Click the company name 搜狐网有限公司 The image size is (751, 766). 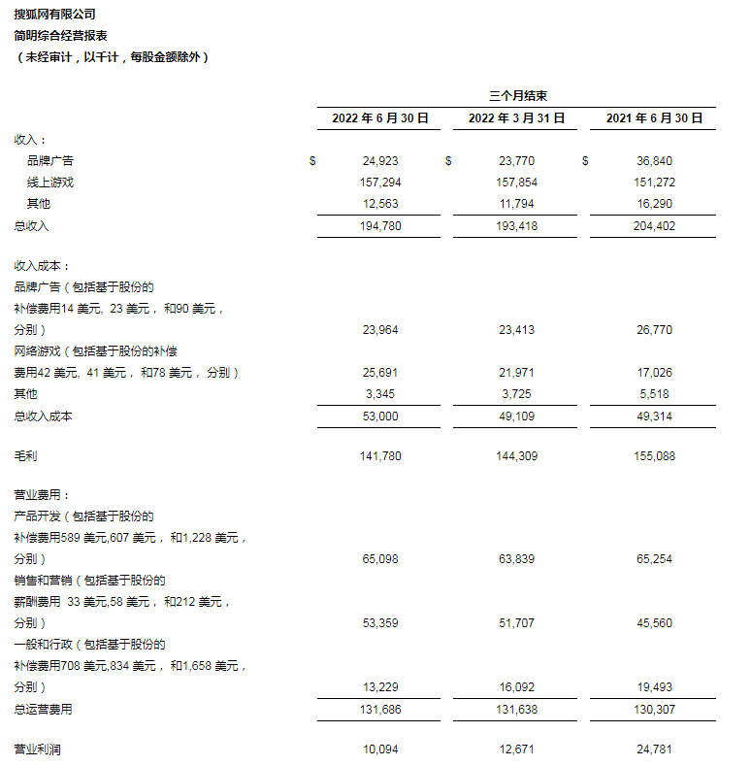pos(55,15)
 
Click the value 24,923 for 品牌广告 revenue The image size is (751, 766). pos(379,161)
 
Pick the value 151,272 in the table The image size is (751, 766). pos(654,183)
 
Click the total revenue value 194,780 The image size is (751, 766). pos(378,225)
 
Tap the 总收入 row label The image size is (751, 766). pos(31,225)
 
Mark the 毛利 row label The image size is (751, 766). pos(25,455)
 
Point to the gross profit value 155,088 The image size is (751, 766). pos(654,455)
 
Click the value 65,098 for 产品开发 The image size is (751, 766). pos(379,559)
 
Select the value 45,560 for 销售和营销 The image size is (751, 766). pos(654,623)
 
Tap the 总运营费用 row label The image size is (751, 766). pos(43,709)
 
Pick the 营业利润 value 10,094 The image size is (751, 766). pos(379,749)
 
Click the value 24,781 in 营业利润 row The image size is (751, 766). pos(654,749)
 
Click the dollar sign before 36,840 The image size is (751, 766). pos(585,161)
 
